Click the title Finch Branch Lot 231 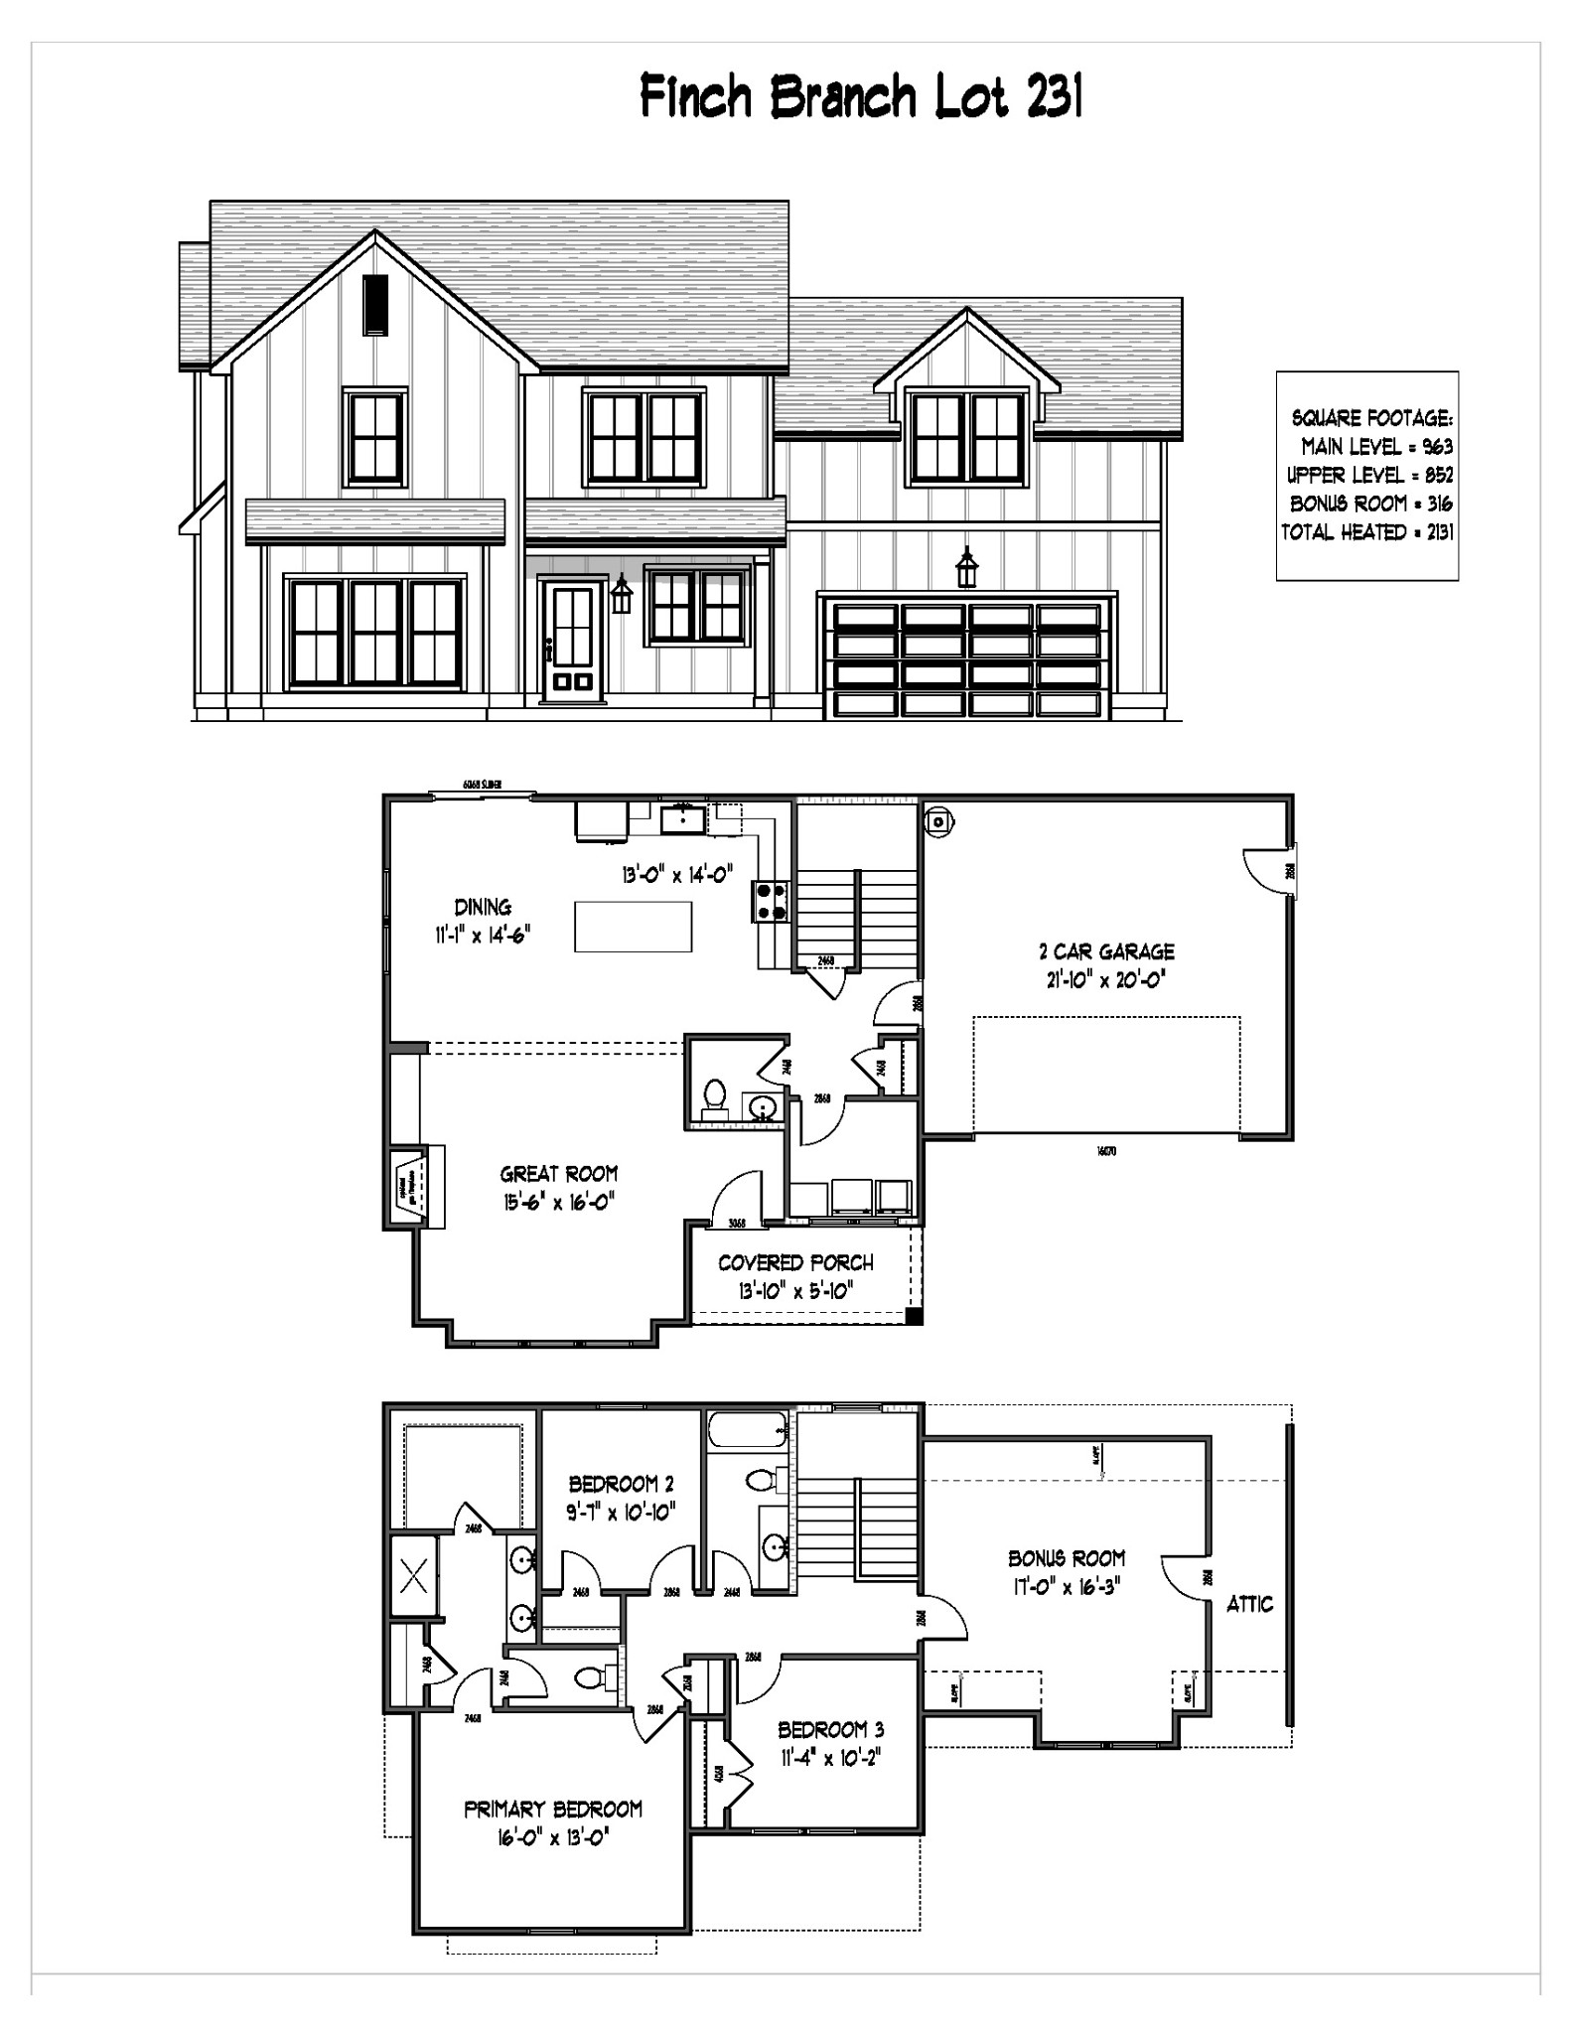click(860, 97)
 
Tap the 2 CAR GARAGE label click(1106, 951)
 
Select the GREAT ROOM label click(559, 1174)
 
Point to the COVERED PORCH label click(795, 1262)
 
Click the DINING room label click(483, 906)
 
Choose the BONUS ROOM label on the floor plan click(1067, 1558)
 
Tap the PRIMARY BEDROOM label click(553, 1809)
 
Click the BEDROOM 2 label click(621, 1484)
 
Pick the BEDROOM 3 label click(831, 1729)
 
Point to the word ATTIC click(1249, 1603)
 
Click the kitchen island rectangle click(633, 926)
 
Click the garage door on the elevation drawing click(967, 658)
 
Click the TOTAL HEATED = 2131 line click(1366, 532)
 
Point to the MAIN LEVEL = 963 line click(1376, 447)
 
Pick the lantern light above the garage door click(965, 568)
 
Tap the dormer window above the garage click(968, 437)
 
